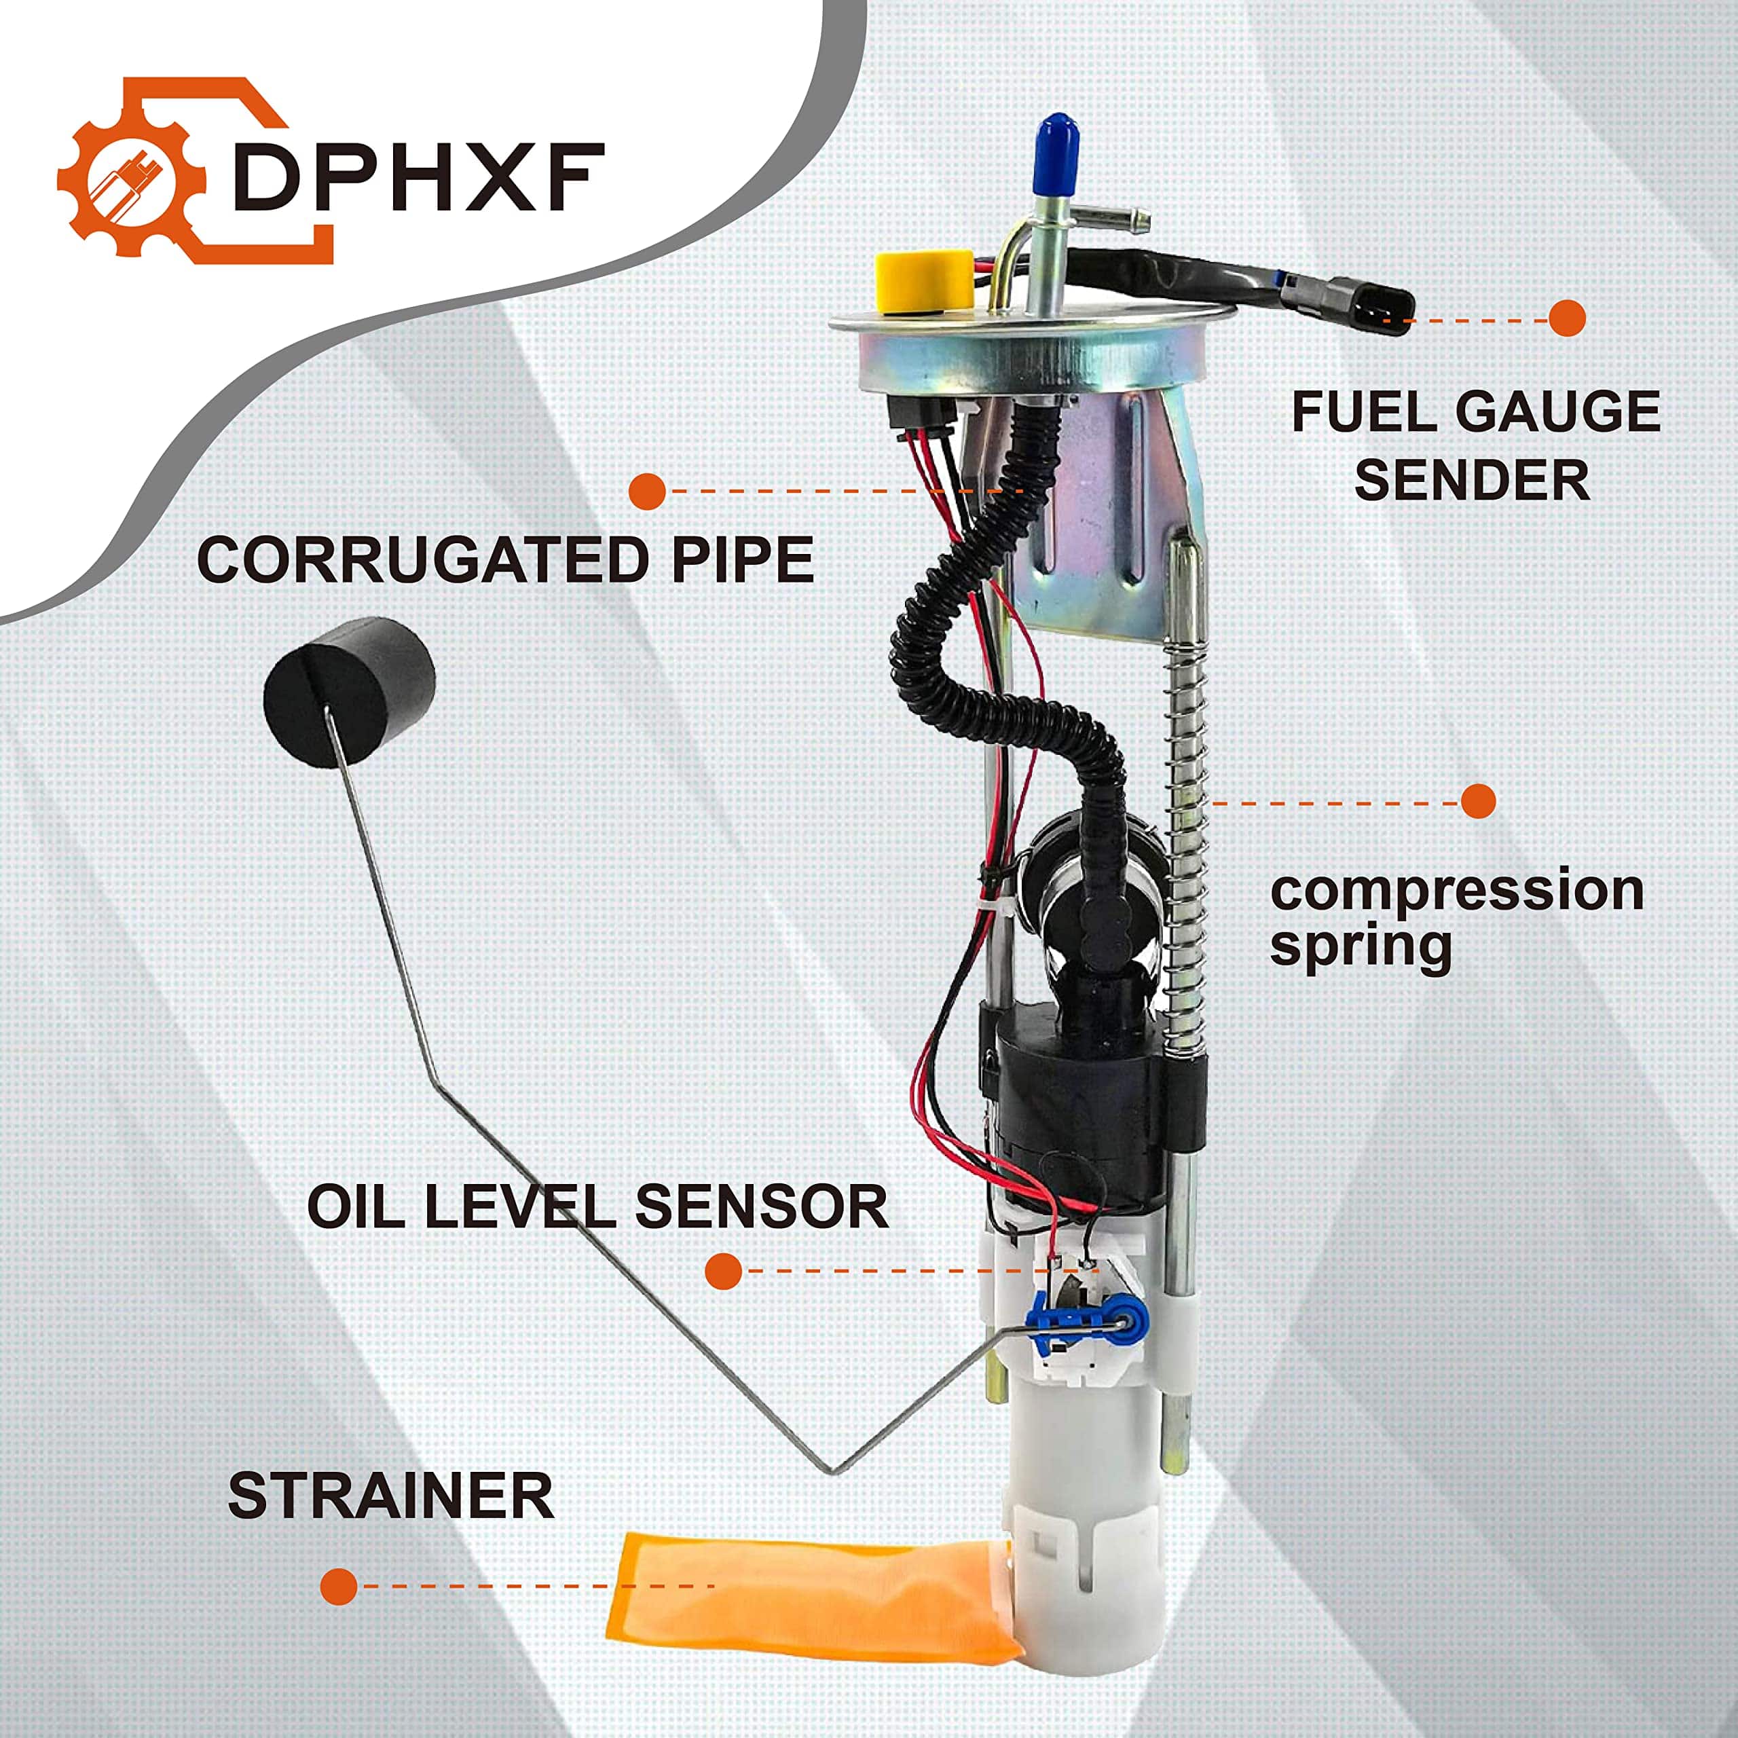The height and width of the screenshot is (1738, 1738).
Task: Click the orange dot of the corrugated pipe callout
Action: click(647, 491)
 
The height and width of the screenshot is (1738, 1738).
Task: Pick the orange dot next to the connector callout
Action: click(1566, 318)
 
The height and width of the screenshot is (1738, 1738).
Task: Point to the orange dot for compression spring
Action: click(1477, 800)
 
